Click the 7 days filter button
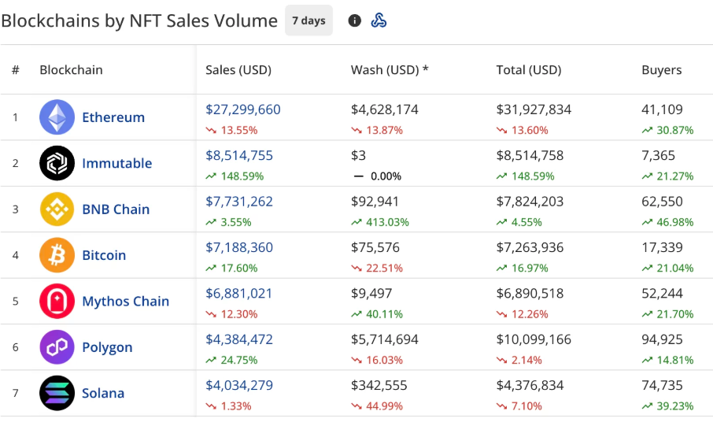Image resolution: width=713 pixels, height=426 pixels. click(x=308, y=20)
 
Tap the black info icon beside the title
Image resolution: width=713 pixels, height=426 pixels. click(x=355, y=20)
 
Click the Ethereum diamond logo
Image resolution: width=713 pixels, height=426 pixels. click(x=57, y=117)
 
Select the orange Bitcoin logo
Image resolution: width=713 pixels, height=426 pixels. click(x=57, y=255)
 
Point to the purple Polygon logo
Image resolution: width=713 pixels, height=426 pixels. click(x=57, y=347)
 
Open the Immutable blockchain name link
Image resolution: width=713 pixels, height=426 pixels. click(x=116, y=164)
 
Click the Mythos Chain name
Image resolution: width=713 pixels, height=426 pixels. click(x=125, y=302)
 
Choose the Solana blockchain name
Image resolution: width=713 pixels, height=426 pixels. click(x=103, y=394)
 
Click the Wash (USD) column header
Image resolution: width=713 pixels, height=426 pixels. click(x=390, y=70)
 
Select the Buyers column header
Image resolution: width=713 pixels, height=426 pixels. click(x=661, y=70)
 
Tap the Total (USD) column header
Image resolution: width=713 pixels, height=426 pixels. click(x=529, y=70)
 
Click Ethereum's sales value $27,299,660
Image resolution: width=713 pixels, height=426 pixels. click(x=242, y=110)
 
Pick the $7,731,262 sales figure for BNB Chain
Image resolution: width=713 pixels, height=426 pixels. click(x=238, y=202)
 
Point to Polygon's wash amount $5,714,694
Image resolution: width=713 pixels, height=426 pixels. click(x=384, y=340)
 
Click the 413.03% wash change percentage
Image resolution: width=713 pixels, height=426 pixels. click(x=386, y=222)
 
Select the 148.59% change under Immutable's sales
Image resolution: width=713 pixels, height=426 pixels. click(x=240, y=176)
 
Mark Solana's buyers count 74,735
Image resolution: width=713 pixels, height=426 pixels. click(x=662, y=386)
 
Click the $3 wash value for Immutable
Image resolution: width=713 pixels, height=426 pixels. click(x=358, y=156)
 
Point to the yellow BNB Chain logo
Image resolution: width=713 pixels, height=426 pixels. click(x=57, y=209)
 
